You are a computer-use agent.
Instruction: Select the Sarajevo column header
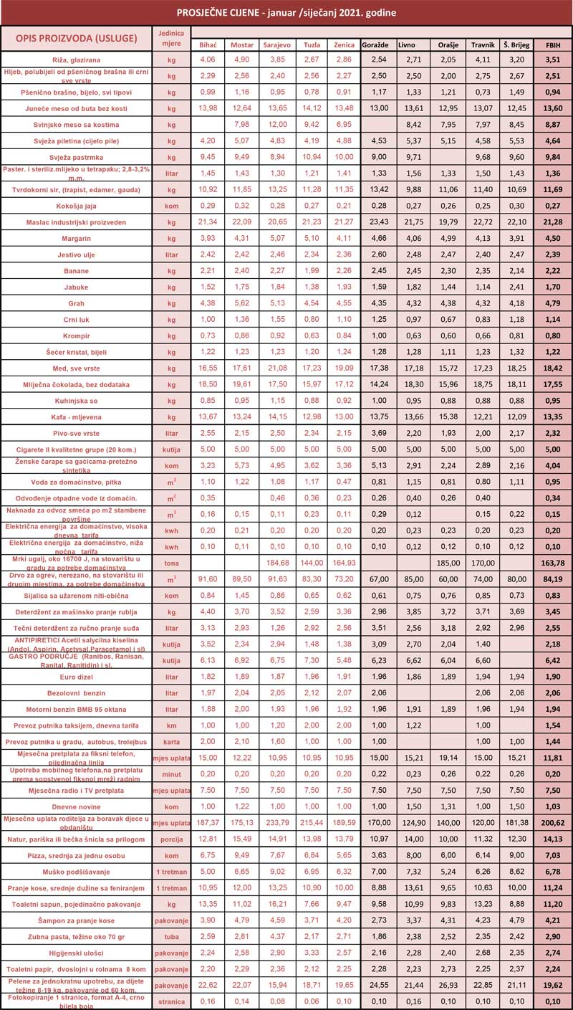pyautogui.click(x=276, y=44)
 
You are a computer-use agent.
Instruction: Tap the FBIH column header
pyautogui.click(x=554, y=44)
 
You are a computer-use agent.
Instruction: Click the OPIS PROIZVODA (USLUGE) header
pyautogui.click(x=76, y=37)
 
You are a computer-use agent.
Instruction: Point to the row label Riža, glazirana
pyautogui.click(x=76, y=59)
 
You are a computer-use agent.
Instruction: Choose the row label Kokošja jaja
pyautogui.click(x=76, y=206)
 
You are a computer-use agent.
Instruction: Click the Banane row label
pyautogui.click(x=76, y=271)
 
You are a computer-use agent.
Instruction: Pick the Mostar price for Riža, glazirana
pyautogui.click(x=242, y=59)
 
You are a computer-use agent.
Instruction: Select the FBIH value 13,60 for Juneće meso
pyautogui.click(x=554, y=108)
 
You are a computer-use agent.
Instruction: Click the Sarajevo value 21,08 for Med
pyautogui.click(x=276, y=368)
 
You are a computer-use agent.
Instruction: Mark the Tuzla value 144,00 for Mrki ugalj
pyautogui.click(x=312, y=563)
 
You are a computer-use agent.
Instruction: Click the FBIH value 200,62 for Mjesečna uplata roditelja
pyautogui.click(x=554, y=822)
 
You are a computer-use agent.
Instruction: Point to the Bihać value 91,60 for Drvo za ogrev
pyautogui.click(x=208, y=578)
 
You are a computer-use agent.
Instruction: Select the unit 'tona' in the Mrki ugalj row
pyautogui.click(x=171, y=563)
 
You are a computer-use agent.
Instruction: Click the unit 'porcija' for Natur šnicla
pyautogui.click(x=171, y=839)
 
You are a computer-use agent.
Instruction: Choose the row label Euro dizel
pyautogui.click(x=76, y=676)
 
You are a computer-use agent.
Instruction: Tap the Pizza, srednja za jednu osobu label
pyautogui.click(x=76, y=855)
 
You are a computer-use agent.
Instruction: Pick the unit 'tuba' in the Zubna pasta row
pyautogui.click(x=171, y=936)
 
